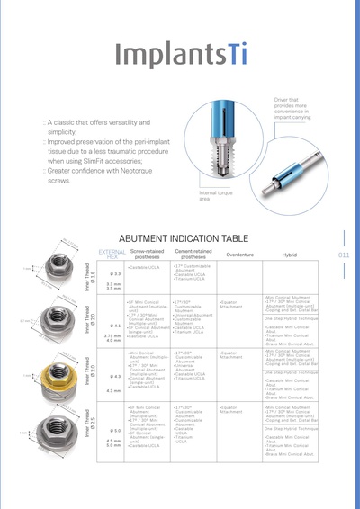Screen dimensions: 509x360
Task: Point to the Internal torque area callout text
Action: [217, 195]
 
